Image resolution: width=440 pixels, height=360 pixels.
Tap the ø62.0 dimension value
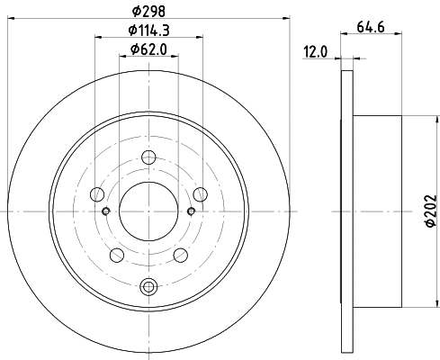149,49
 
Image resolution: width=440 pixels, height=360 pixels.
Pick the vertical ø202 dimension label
429,212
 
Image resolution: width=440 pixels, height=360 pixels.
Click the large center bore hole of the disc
148,210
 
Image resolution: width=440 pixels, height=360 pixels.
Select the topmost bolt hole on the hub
149,160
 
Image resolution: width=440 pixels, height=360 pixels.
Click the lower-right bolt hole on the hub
181,254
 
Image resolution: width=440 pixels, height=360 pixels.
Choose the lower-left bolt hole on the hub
117,254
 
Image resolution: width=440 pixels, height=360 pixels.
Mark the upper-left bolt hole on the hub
97,193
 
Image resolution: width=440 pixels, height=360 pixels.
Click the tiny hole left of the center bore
106,211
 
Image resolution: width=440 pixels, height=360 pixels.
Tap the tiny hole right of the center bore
192,211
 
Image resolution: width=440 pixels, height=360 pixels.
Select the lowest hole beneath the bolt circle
149,287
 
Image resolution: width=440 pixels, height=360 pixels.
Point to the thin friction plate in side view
347,211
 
